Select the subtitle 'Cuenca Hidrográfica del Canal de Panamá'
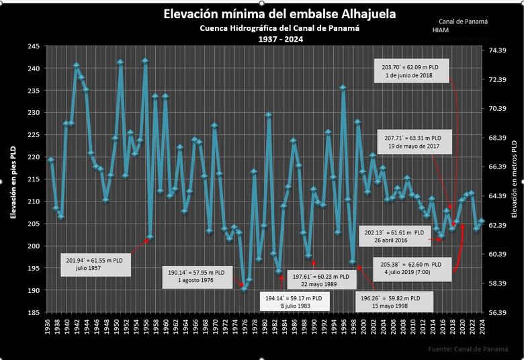coord(279,28)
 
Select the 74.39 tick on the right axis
coord(496,50)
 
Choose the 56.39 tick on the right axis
coord(496,312)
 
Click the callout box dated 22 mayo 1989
coord(320,279)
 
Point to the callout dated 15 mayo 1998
coord(390,302)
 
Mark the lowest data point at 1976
coord(244,289)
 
